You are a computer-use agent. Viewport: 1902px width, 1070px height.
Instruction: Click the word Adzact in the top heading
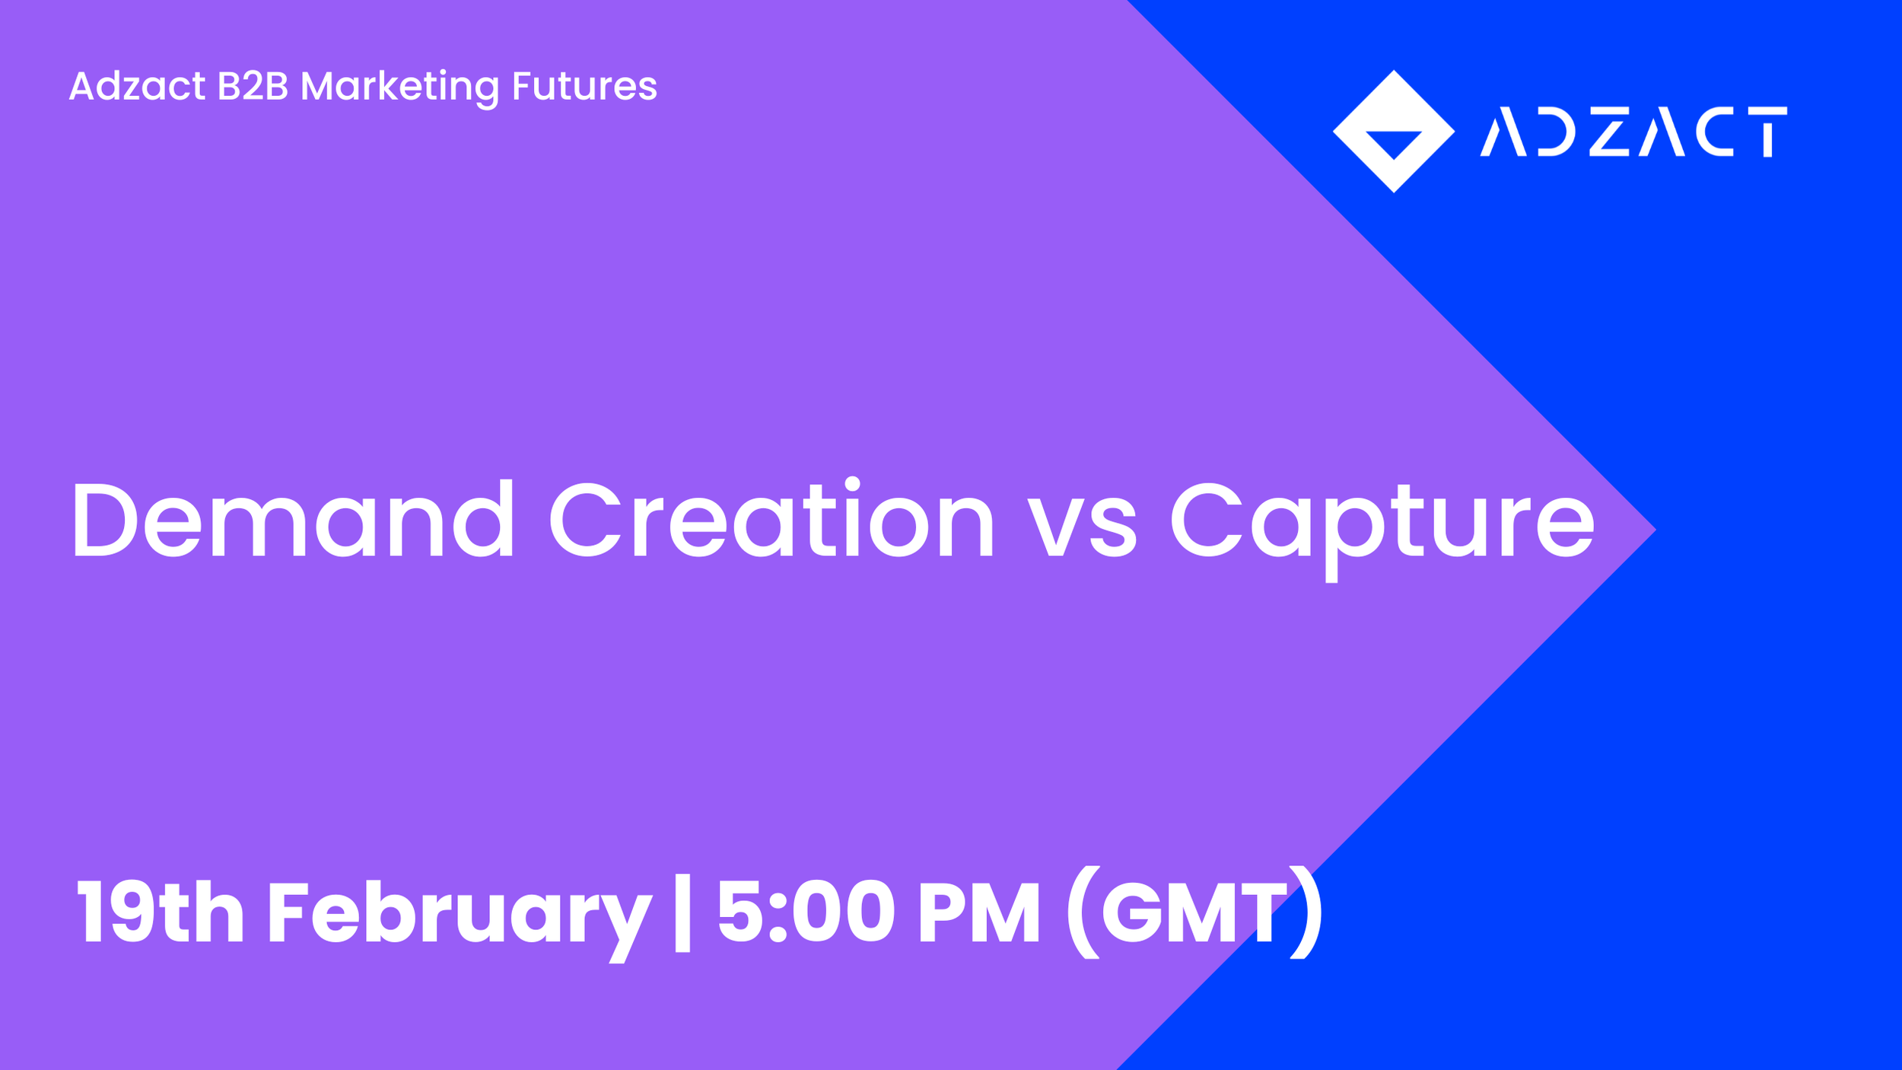tap(137, 86)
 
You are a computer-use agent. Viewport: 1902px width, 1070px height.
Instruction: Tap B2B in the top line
tap(253, 86)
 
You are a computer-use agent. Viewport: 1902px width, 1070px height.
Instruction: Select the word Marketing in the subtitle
tap(399, 86)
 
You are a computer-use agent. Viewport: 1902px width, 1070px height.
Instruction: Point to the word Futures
tap(584, 86)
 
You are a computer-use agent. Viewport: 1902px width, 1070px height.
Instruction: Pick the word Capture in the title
tap(1381, 525)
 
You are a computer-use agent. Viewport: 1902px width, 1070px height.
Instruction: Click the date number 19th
tap(160, 912)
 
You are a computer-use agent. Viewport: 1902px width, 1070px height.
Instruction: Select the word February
tap(459, 913)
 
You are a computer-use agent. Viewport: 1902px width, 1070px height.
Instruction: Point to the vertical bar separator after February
tap(682, 913)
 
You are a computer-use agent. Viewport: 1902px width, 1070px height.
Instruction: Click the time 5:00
tap(806, 912)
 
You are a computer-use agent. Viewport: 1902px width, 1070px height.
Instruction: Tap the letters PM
tap(978, 912)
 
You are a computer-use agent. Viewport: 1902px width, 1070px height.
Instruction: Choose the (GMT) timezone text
tap(1194, 912)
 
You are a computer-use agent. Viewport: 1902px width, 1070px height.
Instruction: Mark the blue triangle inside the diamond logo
tap(1394, 142)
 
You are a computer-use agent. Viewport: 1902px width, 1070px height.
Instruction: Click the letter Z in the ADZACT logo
tap(1609, 132)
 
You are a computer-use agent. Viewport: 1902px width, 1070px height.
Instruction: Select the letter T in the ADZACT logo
tap(1767, 132)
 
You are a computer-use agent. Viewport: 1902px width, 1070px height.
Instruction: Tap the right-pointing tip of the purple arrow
tap(1651, 530)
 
